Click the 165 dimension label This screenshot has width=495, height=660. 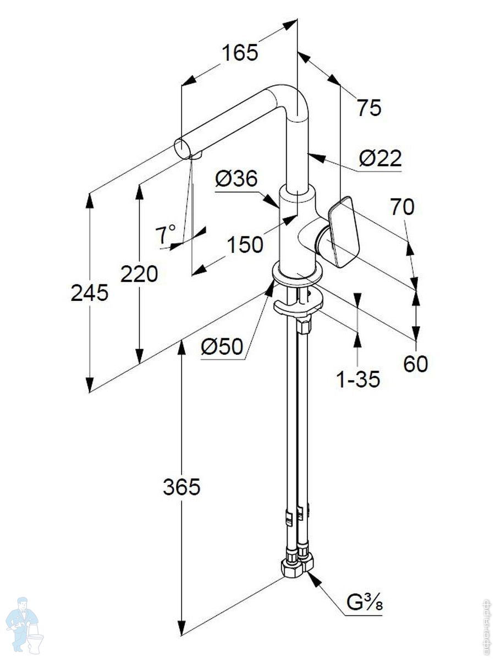(240, 53)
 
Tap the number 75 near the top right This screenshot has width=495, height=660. (369, 108)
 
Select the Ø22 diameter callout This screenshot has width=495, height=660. (380, 159)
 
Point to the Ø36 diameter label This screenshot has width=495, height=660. (236, 179)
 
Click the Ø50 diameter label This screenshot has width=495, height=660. (222, 346)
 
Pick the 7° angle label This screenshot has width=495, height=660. (166, 235)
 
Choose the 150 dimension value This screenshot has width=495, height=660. (245, 245)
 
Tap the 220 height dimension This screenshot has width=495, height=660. (139, 273)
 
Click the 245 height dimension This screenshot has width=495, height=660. (90, 294)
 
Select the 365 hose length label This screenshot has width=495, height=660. (182, 487)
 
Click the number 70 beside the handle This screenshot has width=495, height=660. (402, 207)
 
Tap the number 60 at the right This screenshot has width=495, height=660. (415, 364)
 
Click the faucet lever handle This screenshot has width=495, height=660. (344, 231)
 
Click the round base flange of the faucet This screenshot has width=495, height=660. (297, 275)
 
